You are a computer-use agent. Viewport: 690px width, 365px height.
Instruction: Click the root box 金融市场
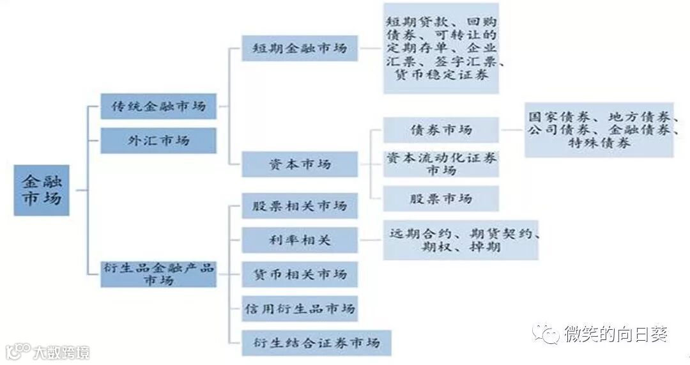[42, 190]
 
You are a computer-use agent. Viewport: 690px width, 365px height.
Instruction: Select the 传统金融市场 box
[158, 106]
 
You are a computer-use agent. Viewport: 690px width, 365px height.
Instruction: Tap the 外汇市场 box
[158, 140]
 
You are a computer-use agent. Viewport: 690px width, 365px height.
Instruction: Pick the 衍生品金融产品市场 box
[158, 274]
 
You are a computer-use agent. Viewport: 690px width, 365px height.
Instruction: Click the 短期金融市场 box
[300, 48]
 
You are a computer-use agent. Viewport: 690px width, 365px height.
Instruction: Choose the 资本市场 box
[300, 164]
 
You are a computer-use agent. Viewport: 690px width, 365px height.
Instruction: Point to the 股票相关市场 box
[300, 206]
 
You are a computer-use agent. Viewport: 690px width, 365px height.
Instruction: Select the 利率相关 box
[300, 240]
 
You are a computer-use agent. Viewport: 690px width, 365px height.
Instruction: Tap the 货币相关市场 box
[300, 274]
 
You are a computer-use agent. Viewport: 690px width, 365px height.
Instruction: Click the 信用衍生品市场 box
[300, 309]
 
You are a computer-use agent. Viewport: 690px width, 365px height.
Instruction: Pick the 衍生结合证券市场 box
[316, 343]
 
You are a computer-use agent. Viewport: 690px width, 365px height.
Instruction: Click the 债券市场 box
[441, 130]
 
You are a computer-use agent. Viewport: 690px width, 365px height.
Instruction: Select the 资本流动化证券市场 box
[441, 164]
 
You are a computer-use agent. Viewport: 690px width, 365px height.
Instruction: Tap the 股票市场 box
[441, 198]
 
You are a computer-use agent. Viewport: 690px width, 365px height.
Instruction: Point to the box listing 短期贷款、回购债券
[441, 48]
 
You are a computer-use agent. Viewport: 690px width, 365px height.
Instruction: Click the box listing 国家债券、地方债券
[599, 130]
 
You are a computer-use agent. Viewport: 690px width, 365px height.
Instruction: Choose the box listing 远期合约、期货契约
[460, 240]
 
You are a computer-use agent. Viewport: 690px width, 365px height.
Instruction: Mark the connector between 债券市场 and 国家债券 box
[512, 130]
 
